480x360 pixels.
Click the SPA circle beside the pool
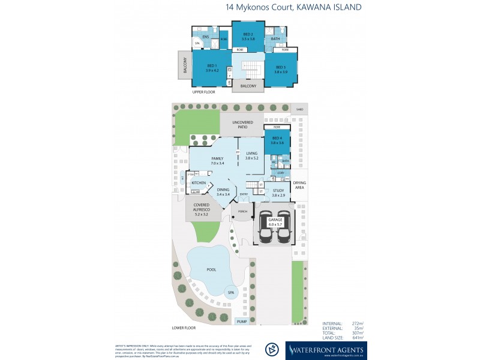pyautogui.click(x=231, y=293)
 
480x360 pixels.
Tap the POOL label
pyautogui.click(x=211, y=269)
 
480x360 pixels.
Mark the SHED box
pyautogui.click(x=300, y=110)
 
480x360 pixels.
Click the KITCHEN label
pyautogui.click(x=199, y=182)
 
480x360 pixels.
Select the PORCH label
pyautogui.click(x=242, y=211)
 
